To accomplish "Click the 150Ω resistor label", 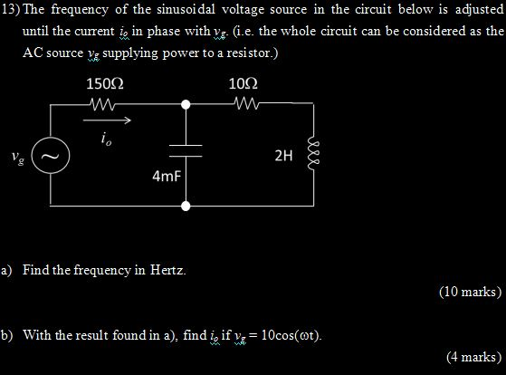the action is coord(105,84).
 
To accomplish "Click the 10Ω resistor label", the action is coord(243,84).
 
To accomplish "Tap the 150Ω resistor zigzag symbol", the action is coord(102,104).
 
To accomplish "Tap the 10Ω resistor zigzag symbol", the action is coord(247,103).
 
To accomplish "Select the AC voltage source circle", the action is coord(51,155).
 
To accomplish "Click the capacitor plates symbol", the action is coord(186,151).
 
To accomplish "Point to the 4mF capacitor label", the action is coord(167,177).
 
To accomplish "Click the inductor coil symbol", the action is coord(313,155).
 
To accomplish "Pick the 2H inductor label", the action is coord(283,156).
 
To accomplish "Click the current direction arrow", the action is coord(107,120).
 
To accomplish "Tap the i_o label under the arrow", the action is coord(106,139).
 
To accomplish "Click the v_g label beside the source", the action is coord(18,158).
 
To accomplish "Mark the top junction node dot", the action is coord(186,105).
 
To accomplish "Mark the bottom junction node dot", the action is coord(186,206).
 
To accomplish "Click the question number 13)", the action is coord(11,9).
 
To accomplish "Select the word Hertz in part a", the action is coord(167,270).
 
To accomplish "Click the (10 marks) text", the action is coord(470,292).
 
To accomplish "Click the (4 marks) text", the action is coord(474,357).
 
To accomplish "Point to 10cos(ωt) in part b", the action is coord(291,335).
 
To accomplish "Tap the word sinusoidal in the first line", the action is coord(186,9).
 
